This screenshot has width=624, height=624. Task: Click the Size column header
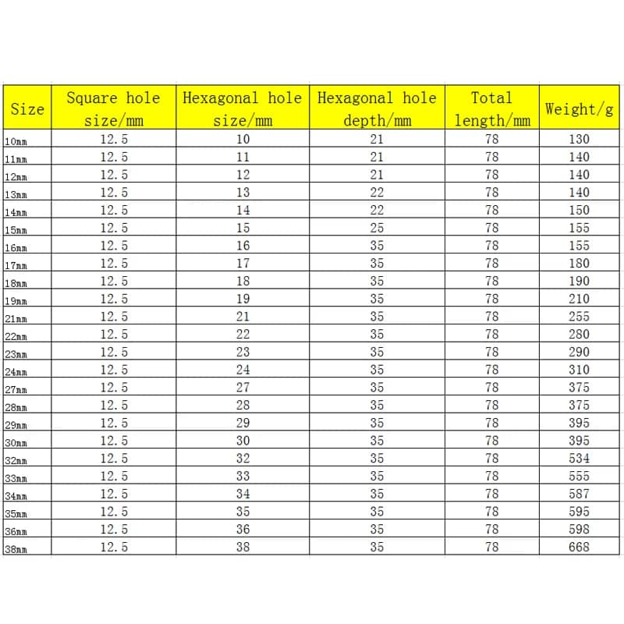coord(27,108)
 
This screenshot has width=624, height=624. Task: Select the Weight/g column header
coord(579,108)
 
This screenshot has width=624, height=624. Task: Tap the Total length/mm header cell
coord(491,108)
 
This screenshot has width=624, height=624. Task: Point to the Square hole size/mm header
coord(113,108)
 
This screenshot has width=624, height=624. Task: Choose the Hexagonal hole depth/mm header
coord(377,108)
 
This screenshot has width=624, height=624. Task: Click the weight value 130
coord(580,139)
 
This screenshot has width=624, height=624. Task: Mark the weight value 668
coord(580,548)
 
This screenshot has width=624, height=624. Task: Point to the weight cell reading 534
coord(580,459)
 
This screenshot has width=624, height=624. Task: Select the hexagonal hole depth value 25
coord(377,228)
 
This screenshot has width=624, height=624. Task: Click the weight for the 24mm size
coord(580,370)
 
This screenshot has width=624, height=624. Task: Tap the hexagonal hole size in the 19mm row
coord(243,299)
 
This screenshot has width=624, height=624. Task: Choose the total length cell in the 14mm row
coord(491,210)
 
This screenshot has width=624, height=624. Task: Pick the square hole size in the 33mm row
coord(114,477)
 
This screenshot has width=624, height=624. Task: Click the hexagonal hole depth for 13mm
coord(377,192)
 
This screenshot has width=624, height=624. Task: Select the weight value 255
coord(580,317)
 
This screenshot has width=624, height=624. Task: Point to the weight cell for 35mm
coord(580,512)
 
